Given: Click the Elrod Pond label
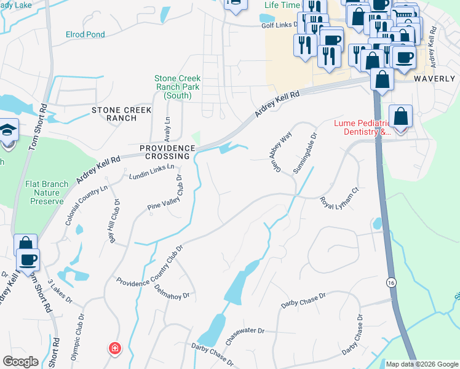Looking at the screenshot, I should pyautogui.click(x=85, y=34).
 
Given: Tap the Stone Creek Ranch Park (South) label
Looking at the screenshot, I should pyautogui.click(x=181, y=87).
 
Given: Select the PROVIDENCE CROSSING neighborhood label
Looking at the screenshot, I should pyautogui.click(x=167, y=153).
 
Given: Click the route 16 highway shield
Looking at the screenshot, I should pyautogui.click(x=391, y=282).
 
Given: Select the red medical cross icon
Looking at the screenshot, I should pyautogui.click(x=114, y=349).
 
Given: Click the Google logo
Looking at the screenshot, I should pyautogui.click(x=21, y=362).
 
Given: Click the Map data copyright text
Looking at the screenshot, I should pyautogui.click(x=422, y=364).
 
